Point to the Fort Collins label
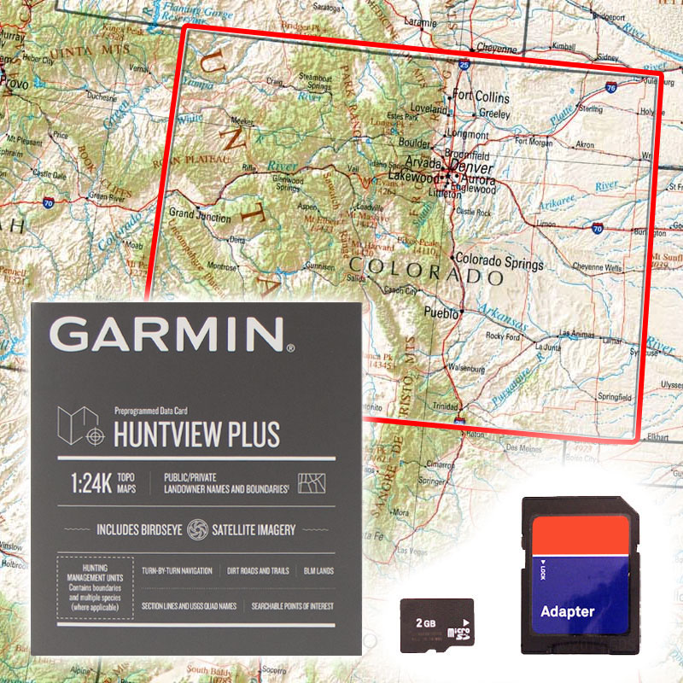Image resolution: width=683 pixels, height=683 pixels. [x=481, y=97]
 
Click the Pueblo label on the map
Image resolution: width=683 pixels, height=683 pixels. [x=441, y=312]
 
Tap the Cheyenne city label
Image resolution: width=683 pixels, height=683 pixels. [x=497, y=49]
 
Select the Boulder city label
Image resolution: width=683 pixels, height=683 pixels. [x=416, y=143]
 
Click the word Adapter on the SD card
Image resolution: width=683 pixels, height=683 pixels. [x=568, y=611]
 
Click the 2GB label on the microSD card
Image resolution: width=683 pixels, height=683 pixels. [x=425, y=622]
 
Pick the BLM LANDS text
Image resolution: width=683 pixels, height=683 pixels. [x=318, y=570]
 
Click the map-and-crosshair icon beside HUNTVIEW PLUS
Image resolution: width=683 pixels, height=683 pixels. [x=83, y=427]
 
